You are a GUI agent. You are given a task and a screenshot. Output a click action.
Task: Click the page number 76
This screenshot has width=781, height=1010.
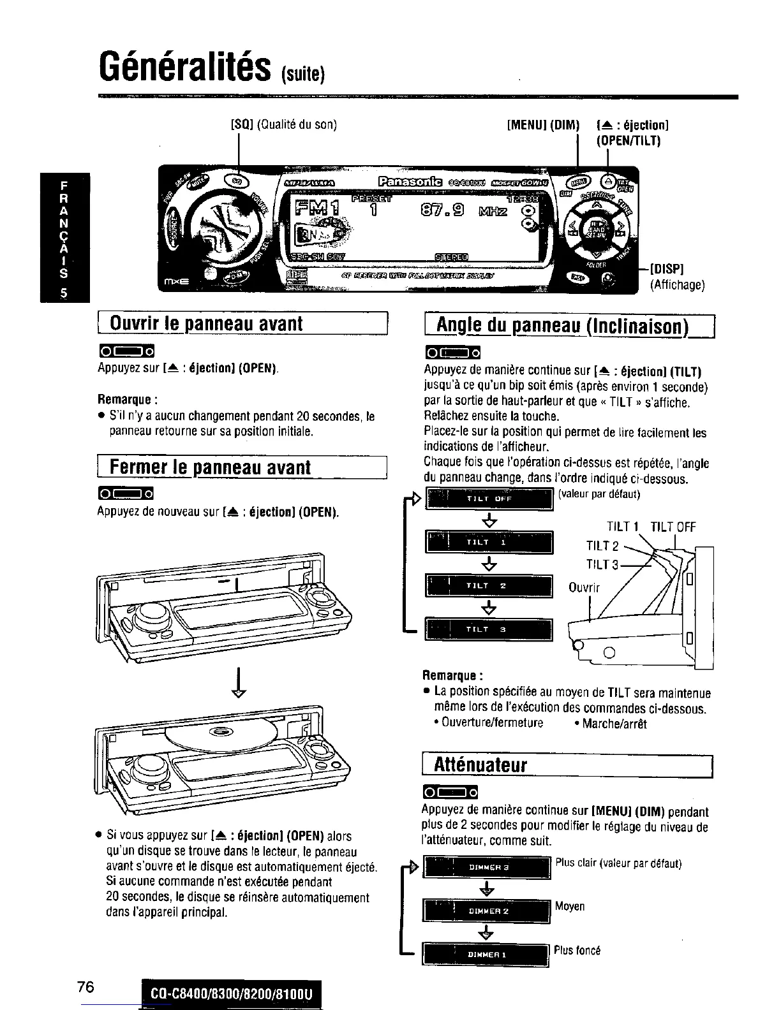(86, 987)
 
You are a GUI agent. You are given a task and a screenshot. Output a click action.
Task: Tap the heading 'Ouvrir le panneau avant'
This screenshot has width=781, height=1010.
(206, 323)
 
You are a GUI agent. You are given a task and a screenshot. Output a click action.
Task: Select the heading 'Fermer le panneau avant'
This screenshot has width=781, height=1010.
(210, 467)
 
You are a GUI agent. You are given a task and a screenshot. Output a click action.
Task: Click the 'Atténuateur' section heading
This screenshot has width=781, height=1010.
(480, 765)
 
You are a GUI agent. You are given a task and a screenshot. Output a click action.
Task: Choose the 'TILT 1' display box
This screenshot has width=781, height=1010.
(489, 543)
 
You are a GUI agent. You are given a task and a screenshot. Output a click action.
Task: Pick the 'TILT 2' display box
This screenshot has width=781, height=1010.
(489, 586)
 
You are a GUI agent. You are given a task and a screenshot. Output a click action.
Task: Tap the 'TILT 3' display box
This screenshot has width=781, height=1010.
(489, 629)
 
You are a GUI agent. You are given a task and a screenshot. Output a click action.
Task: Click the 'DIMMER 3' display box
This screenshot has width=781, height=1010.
(486, 868)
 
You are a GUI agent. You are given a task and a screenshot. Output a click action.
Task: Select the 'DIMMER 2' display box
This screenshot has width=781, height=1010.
(486, 911)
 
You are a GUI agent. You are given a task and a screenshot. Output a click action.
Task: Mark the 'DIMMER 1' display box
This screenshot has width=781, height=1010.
(486, 955)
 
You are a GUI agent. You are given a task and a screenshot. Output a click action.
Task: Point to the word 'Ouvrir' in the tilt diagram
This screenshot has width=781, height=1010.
(584, 587)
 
